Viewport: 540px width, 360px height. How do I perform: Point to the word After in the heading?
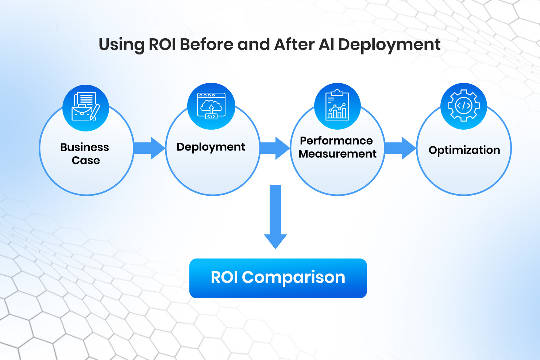(x=294, y=45)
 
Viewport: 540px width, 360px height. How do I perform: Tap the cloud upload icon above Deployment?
(x=211, y=106)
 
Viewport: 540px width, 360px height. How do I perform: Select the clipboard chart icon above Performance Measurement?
(x=337, y=106)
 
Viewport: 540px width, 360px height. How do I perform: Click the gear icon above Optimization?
(x=464, y=106)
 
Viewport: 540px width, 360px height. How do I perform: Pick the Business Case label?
(x=85, y=154)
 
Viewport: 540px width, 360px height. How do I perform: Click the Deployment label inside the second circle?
(x=211, y=147)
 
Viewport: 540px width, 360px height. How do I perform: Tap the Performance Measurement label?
(x=337, y=147)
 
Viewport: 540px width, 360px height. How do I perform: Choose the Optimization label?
(x=464, y=150)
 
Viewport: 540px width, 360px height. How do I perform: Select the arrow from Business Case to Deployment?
(x=149, y=148)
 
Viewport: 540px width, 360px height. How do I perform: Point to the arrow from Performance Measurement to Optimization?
(x=400, y=148)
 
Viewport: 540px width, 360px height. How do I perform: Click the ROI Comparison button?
(x=278, y=278)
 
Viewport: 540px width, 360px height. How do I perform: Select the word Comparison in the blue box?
(x=293, y=277)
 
